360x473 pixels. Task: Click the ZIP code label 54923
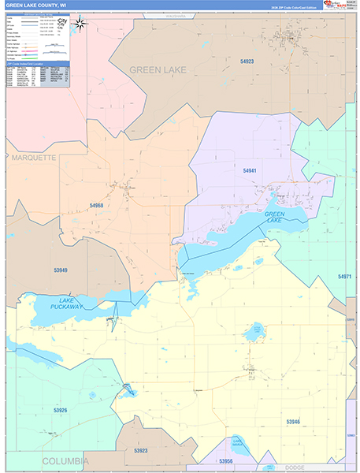[248, 61]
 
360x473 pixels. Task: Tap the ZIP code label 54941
[250, 170]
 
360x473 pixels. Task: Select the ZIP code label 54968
[97, 205]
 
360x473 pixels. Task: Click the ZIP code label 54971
[344, 277]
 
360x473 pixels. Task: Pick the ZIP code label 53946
[292, 422]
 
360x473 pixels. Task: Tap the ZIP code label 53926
[61, 410]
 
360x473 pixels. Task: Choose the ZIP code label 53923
[141, 450]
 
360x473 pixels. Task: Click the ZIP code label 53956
[227, 460]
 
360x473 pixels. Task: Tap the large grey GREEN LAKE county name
[158, 70]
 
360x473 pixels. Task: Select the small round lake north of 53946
[255, 331]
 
